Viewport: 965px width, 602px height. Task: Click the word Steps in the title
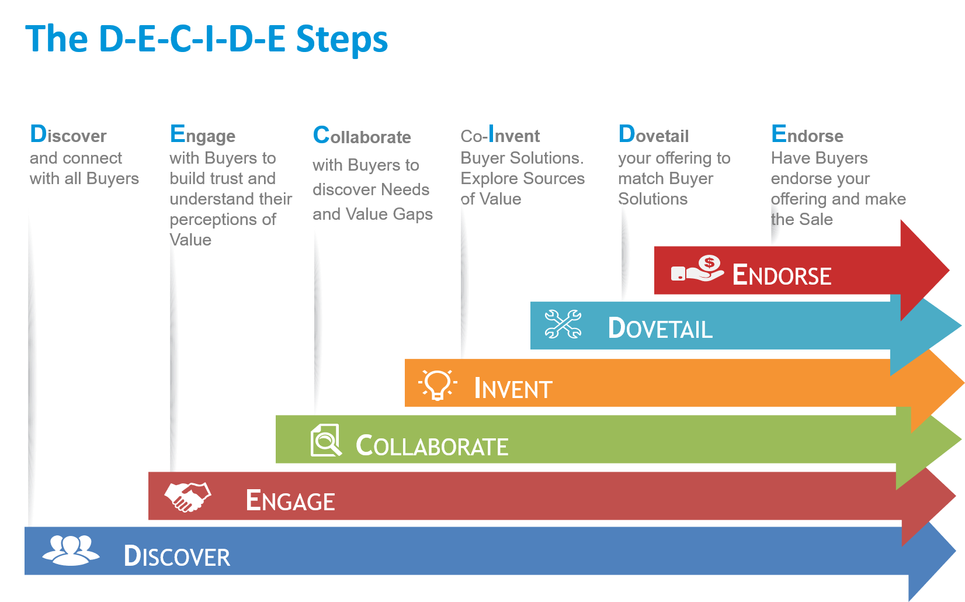click(342, 40)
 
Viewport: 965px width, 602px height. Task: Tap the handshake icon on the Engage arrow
click(188, 497)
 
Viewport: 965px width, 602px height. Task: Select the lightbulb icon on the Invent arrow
click(438, 385)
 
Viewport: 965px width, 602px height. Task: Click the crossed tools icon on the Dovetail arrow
click(563, 324)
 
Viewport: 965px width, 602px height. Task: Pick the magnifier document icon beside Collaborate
click(326, 440)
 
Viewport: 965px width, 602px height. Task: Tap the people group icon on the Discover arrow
click(71, 551)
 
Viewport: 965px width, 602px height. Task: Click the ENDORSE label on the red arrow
click(782, 275)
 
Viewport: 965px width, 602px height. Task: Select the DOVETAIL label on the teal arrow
click(660, 328)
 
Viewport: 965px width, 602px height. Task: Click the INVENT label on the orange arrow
click(513, 389)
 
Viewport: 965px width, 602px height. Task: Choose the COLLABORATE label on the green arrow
click(432, 446)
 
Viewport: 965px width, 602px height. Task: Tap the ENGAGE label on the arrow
click(290, 501)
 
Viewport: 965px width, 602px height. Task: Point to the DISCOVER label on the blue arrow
click(177, 556)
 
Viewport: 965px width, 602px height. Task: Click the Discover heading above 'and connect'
click(68, 135)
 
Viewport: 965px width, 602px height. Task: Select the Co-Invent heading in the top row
click(500, 136)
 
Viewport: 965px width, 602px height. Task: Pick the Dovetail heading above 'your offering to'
click(654, 135)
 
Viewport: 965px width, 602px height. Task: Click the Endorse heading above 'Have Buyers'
click(807, 135)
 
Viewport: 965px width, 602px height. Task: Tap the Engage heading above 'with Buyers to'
click(203, 135)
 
